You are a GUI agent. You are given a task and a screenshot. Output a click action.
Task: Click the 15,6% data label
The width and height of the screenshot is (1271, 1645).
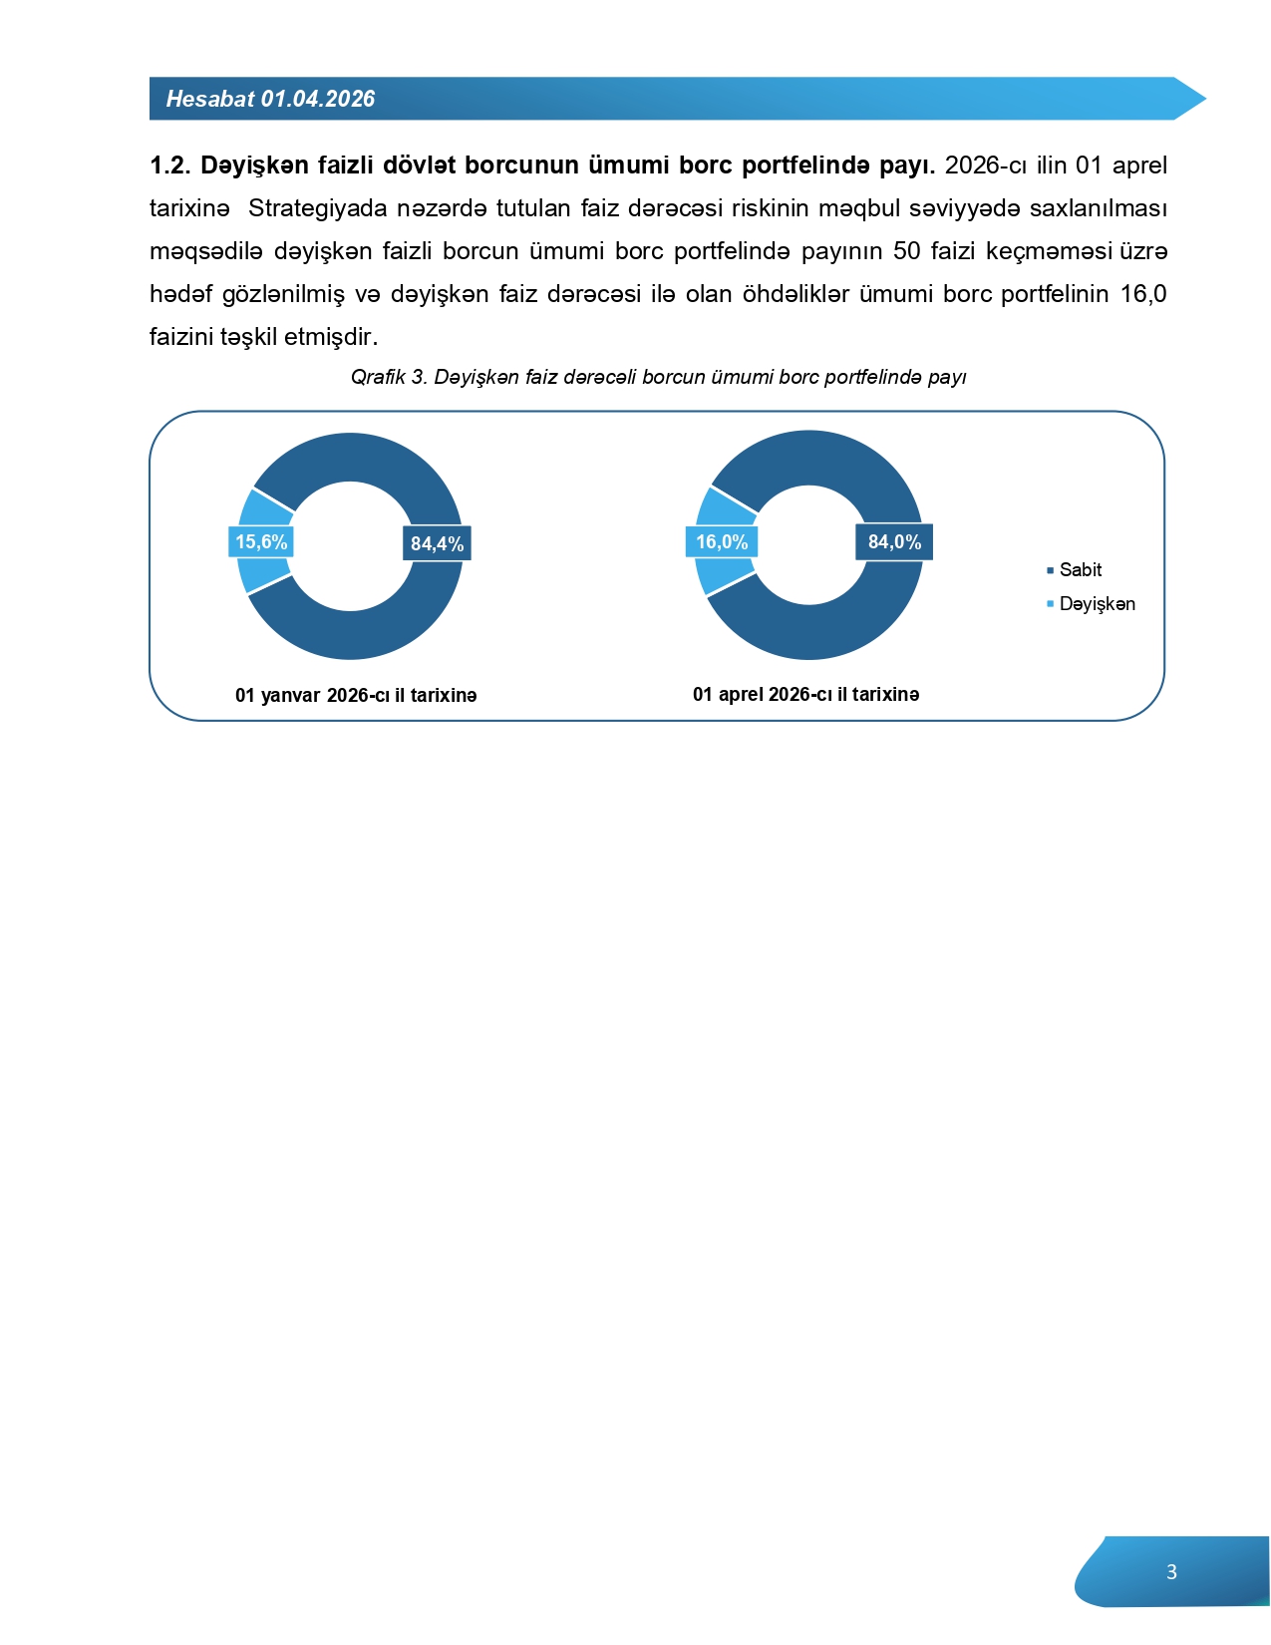[261, 542]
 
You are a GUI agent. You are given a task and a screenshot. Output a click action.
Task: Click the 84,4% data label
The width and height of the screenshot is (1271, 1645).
[437, 543]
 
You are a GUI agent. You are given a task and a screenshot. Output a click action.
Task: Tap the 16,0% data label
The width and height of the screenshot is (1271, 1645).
[722, 541]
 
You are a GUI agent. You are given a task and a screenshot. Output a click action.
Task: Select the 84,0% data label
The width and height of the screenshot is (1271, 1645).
[894, 541]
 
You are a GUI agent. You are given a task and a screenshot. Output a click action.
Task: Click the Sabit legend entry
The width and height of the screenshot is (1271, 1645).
[1080, 570]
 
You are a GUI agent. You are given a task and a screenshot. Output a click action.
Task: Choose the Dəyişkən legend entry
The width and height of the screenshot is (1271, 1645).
[1097, 604]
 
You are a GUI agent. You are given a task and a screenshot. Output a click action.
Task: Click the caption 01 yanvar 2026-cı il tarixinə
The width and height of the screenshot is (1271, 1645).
[356, 696]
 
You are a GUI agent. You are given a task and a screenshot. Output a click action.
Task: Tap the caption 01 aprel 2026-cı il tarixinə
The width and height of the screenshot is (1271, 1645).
[805, 695]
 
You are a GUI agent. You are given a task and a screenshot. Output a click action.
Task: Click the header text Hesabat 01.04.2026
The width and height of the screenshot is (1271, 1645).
[270, 99]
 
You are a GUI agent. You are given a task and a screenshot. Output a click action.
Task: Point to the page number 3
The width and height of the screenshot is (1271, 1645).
[1171, 1572]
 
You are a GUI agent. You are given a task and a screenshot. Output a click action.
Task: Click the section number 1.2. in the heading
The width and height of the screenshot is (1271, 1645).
[169, 165]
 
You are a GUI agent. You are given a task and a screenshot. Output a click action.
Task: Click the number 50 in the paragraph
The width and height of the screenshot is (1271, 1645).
[906, 251]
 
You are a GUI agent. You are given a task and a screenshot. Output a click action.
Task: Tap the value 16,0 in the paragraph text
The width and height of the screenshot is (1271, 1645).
[1143, 294]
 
